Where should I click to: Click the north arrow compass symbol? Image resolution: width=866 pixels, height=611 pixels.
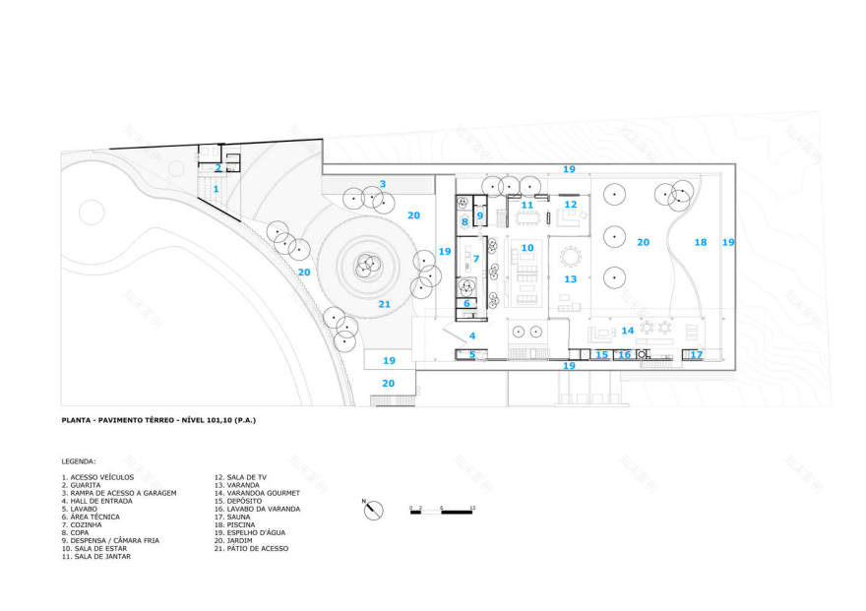373,510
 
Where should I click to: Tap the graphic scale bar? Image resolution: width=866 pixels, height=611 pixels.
442,511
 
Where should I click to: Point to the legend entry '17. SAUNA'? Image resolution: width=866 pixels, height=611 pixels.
239,517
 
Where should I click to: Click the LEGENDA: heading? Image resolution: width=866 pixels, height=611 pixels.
78,460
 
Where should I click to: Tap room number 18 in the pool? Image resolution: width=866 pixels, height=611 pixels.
701,242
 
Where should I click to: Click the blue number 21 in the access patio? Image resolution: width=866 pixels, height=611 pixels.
384,304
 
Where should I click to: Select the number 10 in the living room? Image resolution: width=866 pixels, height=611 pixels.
527,248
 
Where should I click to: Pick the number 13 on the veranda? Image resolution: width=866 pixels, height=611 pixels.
570,279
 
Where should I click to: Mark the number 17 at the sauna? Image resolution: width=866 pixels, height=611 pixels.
696,354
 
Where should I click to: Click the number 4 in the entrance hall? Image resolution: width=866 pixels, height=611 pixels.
472,336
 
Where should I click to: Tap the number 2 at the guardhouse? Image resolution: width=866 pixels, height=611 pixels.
218,168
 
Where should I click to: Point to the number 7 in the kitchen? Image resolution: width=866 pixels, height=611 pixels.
475,259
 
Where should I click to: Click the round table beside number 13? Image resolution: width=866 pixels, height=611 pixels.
570,258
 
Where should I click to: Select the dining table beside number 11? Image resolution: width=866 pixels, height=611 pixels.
527,216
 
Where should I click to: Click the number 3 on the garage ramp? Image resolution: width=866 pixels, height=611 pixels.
383,184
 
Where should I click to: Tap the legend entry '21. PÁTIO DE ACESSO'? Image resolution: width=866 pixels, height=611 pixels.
251,548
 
